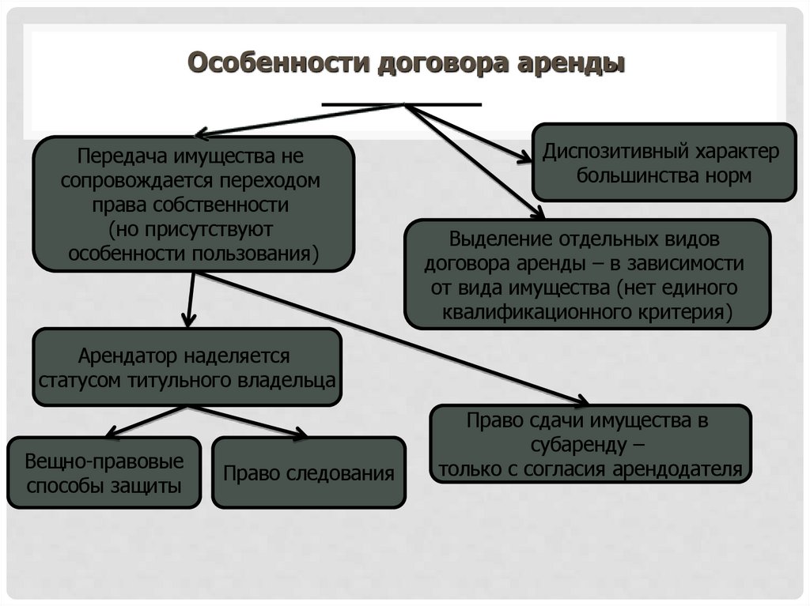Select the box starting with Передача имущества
tap(193, 204)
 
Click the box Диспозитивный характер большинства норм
tap(663, 162)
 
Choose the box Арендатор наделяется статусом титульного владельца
tap(187, 367)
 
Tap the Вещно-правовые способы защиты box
tap(104, 472)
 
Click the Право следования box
tap(308, 473)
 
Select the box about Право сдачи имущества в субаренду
tap(590, 444)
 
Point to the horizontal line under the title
tap(403, 104)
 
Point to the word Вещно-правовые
tap(104, 461)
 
